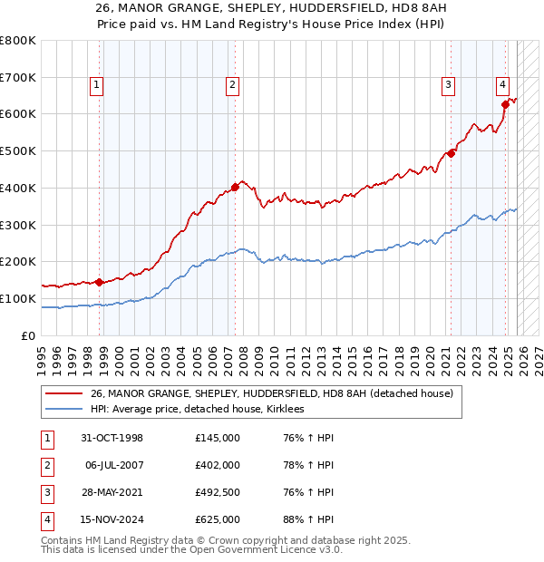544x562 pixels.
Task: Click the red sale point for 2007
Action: [x=235, y=187]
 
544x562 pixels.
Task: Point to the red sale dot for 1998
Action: [x=99, y=281]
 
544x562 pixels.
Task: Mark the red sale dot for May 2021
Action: [x=451, y=152]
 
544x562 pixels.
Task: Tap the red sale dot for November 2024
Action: [x=505, y=104]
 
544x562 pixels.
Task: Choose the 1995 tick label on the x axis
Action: [x=42, y=356]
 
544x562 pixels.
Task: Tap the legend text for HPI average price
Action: [x=197, y=410]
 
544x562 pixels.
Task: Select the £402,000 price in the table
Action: [x=217, y=465]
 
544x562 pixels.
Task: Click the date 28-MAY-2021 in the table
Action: [x=112, y=492]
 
